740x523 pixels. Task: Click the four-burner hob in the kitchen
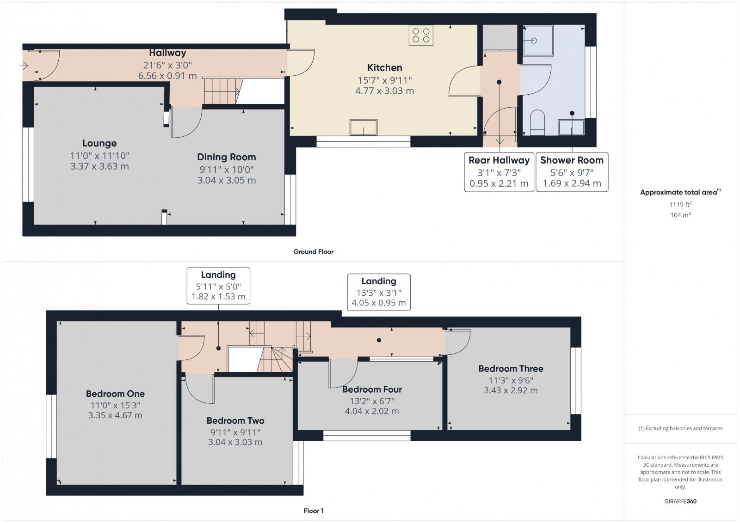pyautogui.click(x=421, y=35)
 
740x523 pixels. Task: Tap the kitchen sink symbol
pyautogui.click(x=364, y=128)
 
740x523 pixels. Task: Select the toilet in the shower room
pyautogui.click(x=537, y=122)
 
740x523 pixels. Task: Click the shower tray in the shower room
pyautogui.click(x=538, y=41)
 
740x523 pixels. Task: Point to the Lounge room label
pyautogui.click(x=99, y=143)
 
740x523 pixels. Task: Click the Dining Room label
pyautogui.click(x=226, y=157)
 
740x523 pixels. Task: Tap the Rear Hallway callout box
pyautogui.click(x=499, y=172)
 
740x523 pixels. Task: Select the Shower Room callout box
pyautogui.click(x=572, y=172)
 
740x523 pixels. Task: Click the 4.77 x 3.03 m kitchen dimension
pyautogui.click(x=384, y=91)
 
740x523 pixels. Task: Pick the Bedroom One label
pyautogui.click(x=115, y=394)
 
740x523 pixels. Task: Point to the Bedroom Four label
pyautogui.click(x=372, y=389)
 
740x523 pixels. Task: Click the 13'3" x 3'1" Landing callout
pyautogui.click(x=378, y=292)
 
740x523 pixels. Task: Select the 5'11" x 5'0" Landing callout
pyautogui.click(x=218, y=286)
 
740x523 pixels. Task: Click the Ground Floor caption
pyautogui.click(x=313, y=252)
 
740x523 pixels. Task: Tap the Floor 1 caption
pyautogui.click(x=314, y=511)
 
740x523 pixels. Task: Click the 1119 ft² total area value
pyautogui.click(x=680, y=204)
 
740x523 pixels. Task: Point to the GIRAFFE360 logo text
pyautogui.click(x=680, y=501)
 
